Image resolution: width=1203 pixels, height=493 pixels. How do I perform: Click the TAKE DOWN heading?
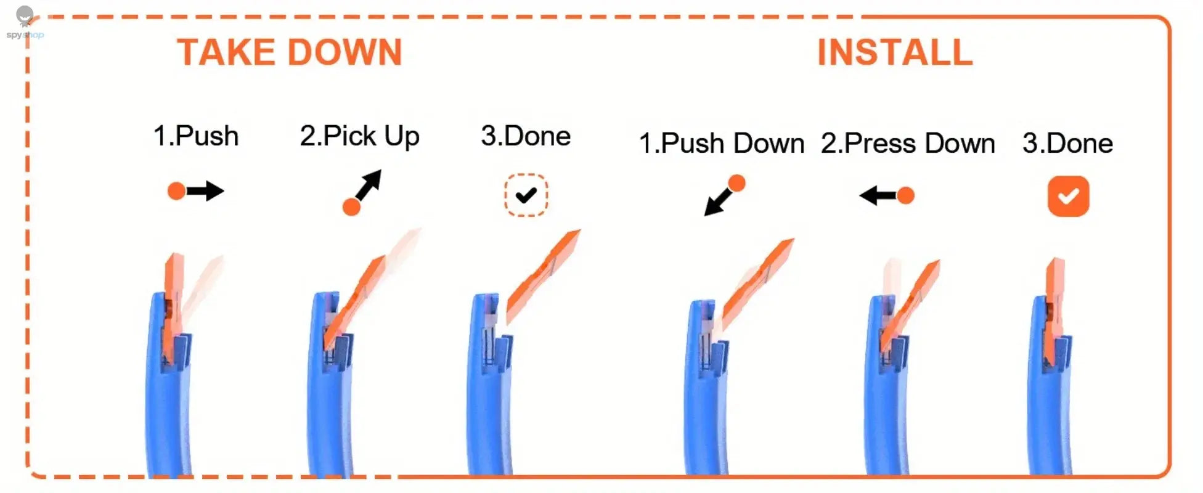[289, 52]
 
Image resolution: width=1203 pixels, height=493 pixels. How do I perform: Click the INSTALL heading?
[894, 52]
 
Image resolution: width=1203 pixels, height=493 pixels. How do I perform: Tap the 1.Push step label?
[195, 136]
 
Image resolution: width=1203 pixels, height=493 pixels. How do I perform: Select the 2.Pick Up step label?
[359, 136]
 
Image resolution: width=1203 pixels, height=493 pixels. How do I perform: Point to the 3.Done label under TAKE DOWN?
[526, 136]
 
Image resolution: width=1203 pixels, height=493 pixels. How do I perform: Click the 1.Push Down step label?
[721, 144]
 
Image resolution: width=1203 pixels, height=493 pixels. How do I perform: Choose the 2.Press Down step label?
[908, 144]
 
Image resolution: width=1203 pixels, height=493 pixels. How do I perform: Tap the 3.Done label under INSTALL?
[1067, 144]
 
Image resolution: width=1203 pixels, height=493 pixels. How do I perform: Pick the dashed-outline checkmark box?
[526, 195]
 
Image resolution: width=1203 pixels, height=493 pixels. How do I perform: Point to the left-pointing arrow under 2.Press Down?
[886, 196]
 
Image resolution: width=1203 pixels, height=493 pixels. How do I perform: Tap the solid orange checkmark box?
[1068, 197]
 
